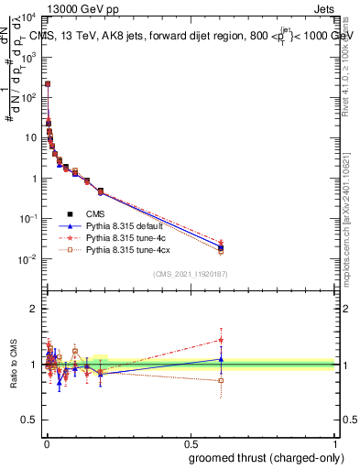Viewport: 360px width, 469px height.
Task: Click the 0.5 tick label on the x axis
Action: (x=191, y=443)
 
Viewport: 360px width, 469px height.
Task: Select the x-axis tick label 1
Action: (x=336, y=443)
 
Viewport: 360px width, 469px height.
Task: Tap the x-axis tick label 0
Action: (x=45, y=443)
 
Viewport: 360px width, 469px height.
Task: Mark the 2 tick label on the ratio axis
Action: (x=36, y=309)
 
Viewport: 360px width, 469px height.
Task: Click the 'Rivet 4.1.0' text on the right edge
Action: (x=352, y=69)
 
